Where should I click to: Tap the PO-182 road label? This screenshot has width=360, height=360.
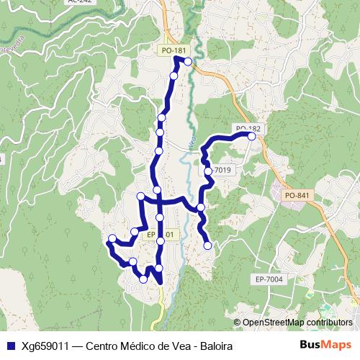coord(246,127)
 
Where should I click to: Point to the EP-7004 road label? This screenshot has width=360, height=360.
coord(269,279)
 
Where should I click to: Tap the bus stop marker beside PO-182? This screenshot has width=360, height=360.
coord(252,135)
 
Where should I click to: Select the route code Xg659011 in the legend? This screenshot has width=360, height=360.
coord(45,346)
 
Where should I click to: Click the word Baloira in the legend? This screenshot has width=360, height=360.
coord(215,346)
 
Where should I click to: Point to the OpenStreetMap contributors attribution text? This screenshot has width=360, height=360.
coord(297,323)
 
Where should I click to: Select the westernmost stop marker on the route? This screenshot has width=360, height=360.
coord(112,239)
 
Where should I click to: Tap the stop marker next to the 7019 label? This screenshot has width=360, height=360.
coord(207,171)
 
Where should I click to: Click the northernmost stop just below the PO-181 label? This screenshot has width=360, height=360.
coord(188,62)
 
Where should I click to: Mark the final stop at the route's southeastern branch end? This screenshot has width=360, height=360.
coord(208,246)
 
